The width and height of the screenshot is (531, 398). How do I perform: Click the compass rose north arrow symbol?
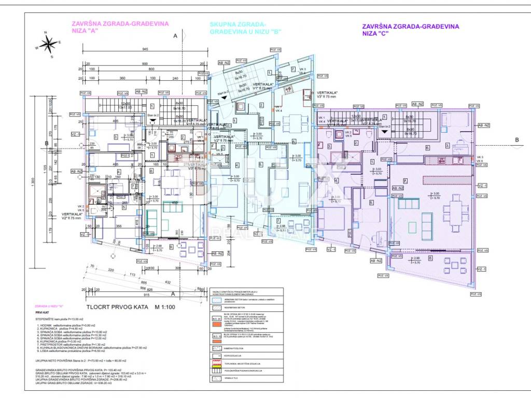tap(48, 45)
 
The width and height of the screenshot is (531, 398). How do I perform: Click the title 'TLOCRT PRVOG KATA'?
tap(118, 307)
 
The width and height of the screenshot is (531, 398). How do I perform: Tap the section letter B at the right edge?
tap(516, 140)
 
